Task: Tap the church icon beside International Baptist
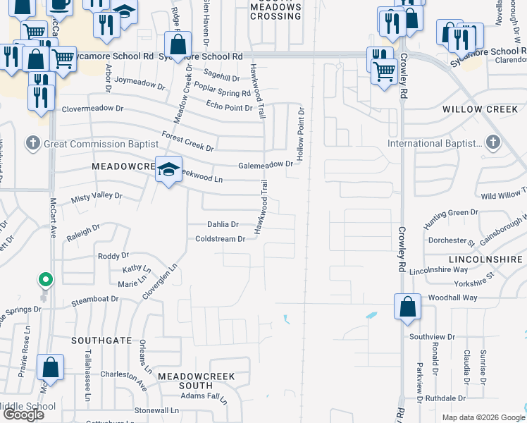[x=492, y=143]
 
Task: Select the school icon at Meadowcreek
[x=168, y=169]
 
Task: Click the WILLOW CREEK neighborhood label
[x=480, y=109]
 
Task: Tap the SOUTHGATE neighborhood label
[x=101, y=340]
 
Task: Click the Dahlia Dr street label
[x=223, y=224]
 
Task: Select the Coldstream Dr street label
[x=221, y=239]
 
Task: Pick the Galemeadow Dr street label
[x=265, y=164]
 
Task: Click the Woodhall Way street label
[x=452, y=298]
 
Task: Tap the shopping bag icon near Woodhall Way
[x=407, y=307]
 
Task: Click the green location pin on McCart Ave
[x=46, y=281]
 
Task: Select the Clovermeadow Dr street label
[x=92, y=109]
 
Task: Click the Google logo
[x=24, y=415]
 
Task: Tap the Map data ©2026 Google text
[x=483, y=417]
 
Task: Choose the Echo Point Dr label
[x=229, y=107]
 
